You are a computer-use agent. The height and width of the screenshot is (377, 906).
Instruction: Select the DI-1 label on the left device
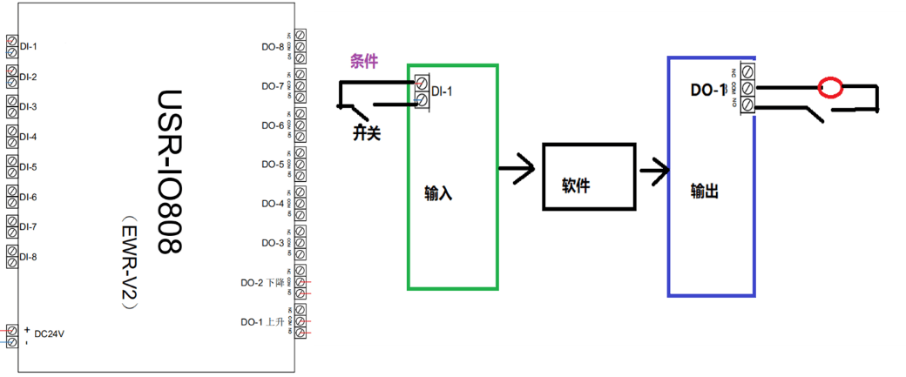[28, 46]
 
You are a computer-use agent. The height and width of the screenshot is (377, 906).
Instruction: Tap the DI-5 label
[28, 167]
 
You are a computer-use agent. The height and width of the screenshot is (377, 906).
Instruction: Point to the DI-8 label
[28, 257]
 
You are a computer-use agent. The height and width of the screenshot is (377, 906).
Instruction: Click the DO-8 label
[273, 47]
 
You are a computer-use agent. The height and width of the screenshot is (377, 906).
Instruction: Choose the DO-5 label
[273, 164]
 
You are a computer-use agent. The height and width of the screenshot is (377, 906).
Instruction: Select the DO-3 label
[273, 242]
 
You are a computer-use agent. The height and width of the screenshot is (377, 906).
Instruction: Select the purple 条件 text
[364, 61]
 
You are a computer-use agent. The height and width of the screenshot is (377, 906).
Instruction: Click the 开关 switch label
[368, 133]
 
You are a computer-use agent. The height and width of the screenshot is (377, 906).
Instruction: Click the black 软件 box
[588, 177]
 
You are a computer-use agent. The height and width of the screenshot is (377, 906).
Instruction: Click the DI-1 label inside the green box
[442, 90]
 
